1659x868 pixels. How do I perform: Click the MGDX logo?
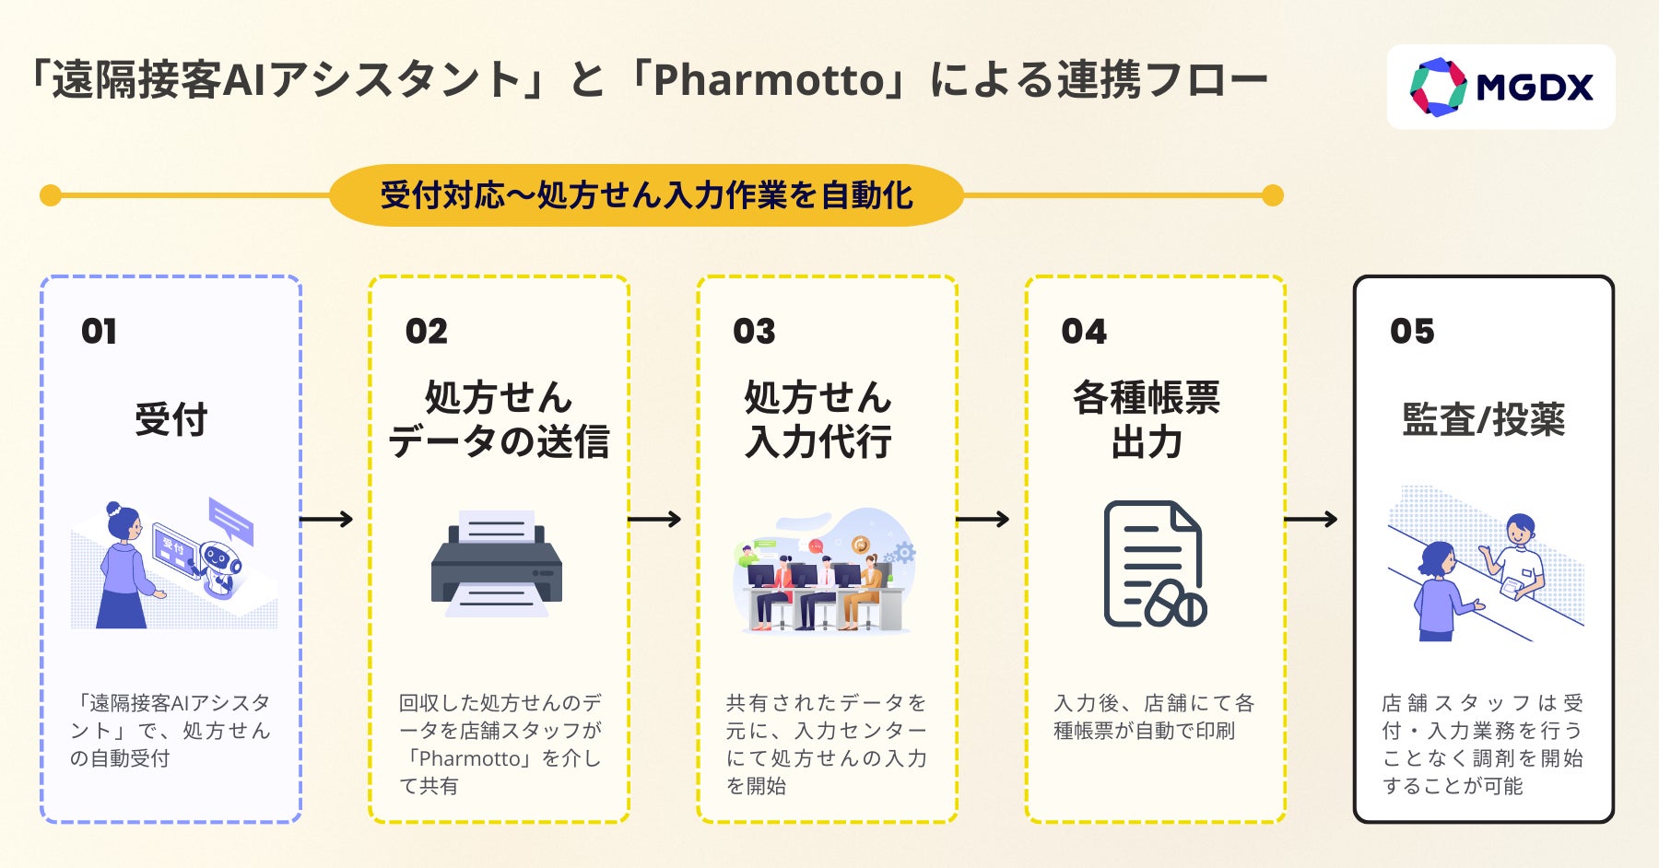(x=1500, y=88)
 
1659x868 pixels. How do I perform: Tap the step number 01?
(x=99, y=332)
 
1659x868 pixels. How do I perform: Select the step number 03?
(x=754, y=332)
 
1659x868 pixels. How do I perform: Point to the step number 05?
(x=1412, y=332)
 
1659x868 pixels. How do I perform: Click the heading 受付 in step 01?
(x=171, y=420)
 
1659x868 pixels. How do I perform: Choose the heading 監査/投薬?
(x=1483, y=420)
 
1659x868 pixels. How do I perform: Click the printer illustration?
(x=497, y=564)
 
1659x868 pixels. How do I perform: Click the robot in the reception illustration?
(x=219, y=564)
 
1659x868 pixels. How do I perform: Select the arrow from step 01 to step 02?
(x=326, y=520)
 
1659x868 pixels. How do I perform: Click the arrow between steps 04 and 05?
(x=1311, y=520)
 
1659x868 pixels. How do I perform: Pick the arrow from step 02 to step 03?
(x=654, y=520)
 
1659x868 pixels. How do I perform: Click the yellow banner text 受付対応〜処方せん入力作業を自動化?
(x=646, y=195)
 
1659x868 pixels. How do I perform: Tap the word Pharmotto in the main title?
(x=769, y=80)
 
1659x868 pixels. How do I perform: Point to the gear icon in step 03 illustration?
(x=903, y=553)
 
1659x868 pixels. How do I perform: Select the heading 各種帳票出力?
(x=1147, y=420)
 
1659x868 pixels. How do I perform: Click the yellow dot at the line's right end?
(x=1272, y=195)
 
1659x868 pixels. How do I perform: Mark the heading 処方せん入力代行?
(x=818, y=420)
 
